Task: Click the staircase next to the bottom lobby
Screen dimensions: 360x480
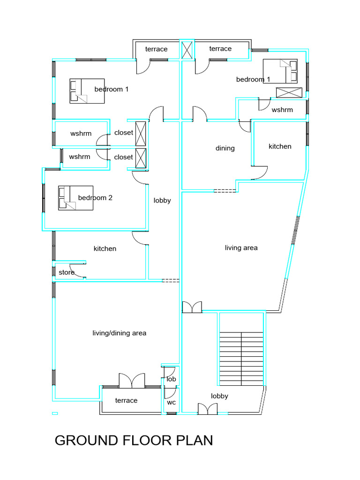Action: [241, 359]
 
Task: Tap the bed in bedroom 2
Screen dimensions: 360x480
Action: [75, 198]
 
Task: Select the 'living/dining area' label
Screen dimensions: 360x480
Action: [120, 333]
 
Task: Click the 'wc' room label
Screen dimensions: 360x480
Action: [172, 402]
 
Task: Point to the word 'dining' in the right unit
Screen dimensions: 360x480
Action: [225, 148]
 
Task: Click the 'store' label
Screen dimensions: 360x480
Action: [67, 272]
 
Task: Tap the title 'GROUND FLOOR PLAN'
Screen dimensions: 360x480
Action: [134, 441]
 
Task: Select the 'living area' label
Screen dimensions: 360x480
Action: [241, 247]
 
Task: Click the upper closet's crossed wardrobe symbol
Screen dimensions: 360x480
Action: [141, 134]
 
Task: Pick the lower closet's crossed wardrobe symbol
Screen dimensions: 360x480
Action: [141, 158]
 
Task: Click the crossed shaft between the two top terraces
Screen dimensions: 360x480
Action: [187, 50]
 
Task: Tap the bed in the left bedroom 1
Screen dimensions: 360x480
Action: [87, 91]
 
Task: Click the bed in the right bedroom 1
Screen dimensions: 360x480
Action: [280, 71]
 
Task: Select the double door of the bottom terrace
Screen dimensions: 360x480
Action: [132, 381]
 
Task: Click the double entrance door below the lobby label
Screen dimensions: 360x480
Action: [208, 409]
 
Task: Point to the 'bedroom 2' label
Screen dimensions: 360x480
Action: [95, 198]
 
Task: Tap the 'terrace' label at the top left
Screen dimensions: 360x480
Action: [156, 49]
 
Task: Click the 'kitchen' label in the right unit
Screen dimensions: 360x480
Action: [280, 146]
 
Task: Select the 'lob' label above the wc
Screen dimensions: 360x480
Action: [172, 379]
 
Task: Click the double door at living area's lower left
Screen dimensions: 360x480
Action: [192, 307]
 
